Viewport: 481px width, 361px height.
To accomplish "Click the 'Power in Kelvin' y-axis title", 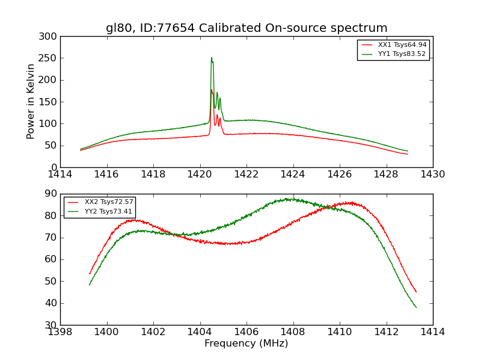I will pyautogui.click(x=31, y=102).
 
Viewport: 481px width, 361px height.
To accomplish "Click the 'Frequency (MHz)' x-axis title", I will pyautogui.click(x=246, y=344).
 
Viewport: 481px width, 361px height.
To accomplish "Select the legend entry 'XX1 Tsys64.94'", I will pyautogui.click(x=402, y=45).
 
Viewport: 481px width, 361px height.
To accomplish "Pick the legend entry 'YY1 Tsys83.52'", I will pyautogui.click(x=402, y=54).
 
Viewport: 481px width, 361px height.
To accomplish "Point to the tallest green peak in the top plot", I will pyautogui.click(x=212, y=58).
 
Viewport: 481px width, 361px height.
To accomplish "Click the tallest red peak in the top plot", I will pyautogui.click(x=212, y=90).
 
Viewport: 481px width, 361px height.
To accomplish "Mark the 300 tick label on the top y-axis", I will pyautogui.click(x=49, y=37).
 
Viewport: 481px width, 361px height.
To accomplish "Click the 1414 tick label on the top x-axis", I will pyautogui.click(x=60, y=174).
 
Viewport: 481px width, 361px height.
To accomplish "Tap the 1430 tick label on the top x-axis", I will pyautogui.click(x=433, y=174).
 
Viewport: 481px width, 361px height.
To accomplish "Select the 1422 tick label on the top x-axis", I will pyautogui.click(x=247, y=174).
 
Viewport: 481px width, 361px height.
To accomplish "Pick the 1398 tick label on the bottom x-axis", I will pyautogui.click(x=60, y=332).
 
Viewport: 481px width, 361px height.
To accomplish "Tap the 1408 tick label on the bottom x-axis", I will pyautogui.click(x=293, y=332).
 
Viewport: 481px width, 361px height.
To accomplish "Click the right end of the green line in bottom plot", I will pyautogui.click(x=416, y=307).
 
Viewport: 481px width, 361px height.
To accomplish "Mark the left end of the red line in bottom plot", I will pyautogui.click(x=90, y=274).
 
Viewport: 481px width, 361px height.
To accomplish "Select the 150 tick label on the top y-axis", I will pyautogui.click(x=49, y=102).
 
